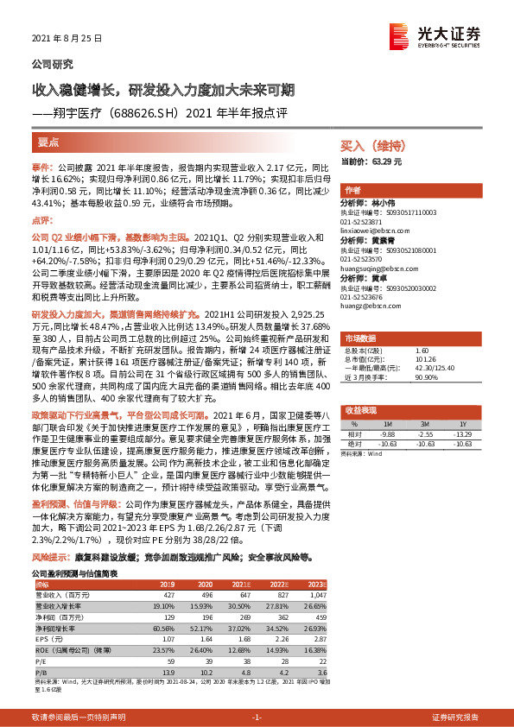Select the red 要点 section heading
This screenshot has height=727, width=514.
point(48,141)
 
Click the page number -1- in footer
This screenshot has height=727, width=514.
point(257,717)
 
